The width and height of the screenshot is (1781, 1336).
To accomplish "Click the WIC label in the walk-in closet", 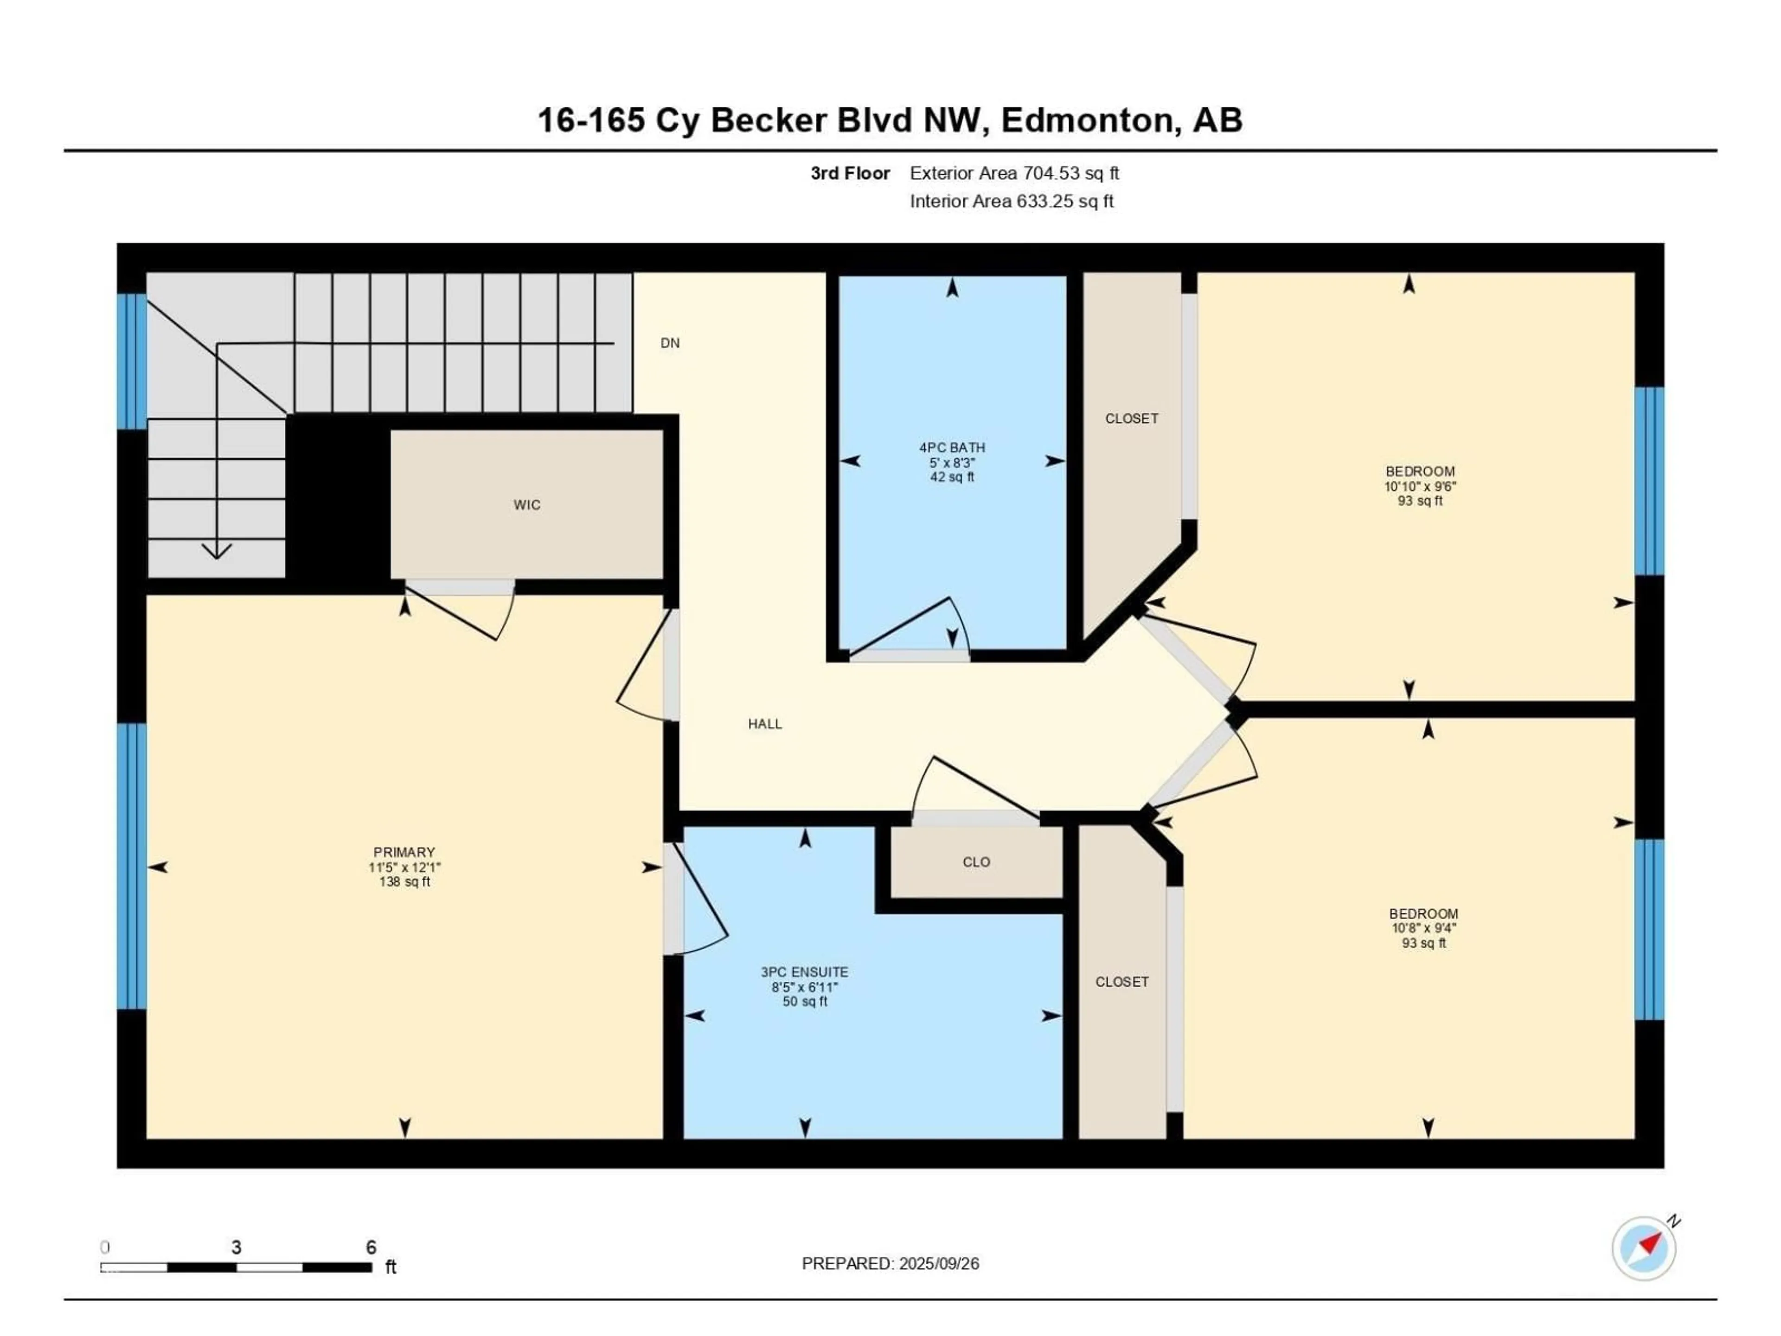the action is [526, 505].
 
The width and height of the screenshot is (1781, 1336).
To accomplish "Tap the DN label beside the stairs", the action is [670, 343].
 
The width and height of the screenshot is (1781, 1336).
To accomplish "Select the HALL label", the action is [765, 724].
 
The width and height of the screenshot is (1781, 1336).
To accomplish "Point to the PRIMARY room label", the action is [404, 852].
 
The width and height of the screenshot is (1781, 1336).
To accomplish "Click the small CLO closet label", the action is [976, 862].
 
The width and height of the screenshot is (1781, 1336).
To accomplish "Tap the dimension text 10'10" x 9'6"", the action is [1420, 487].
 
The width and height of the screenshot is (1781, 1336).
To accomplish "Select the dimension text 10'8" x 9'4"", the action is [1423, 928].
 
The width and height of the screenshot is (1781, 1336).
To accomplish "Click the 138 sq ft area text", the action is [404, 882].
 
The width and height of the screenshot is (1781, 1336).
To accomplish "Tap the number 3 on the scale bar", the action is [236, 1247].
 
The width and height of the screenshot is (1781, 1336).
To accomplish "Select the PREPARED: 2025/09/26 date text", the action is [890, 1264].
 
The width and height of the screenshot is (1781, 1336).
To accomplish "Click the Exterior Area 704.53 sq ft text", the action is [1014, 173].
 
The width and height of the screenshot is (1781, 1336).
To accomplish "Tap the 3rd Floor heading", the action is [850, 173].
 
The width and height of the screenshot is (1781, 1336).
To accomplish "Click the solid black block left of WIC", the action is [338, 503].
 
